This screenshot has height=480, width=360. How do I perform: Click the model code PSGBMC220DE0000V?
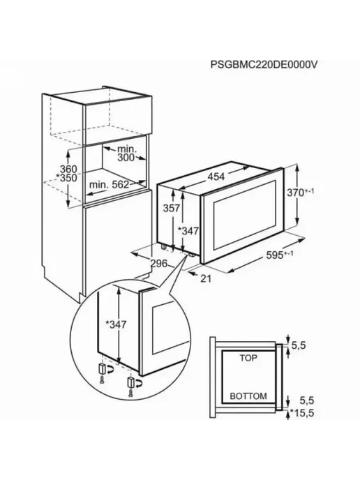pos(264,65)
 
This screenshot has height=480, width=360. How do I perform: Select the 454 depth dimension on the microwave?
pos(216,177)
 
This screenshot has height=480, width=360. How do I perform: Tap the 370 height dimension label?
pos(300,193)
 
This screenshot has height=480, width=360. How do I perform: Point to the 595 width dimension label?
pos(279,255)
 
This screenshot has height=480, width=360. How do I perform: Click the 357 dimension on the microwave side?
pos(171,208)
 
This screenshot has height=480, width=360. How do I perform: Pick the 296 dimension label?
pos(159,263)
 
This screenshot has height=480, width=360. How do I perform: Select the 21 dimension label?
pos(206,278)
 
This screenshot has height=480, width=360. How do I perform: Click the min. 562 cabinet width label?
pos(110,185)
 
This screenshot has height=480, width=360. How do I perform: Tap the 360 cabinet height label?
pos(68,169)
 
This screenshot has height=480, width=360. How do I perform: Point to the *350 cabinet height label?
pos(66,178)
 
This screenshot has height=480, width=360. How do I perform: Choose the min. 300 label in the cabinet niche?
pos(126,153)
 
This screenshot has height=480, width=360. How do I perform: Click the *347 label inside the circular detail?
pos(115,324)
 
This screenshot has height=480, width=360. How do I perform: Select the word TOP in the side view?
pos(248,358)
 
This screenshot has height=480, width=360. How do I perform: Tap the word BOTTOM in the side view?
pos(248,396)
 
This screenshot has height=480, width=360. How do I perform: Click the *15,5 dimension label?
pos(298,413)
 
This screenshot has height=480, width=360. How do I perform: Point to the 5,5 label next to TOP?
pos(299,345)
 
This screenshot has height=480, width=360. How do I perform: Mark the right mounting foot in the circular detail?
pos(130,384)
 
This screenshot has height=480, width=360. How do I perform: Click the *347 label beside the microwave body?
pos(188,231)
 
